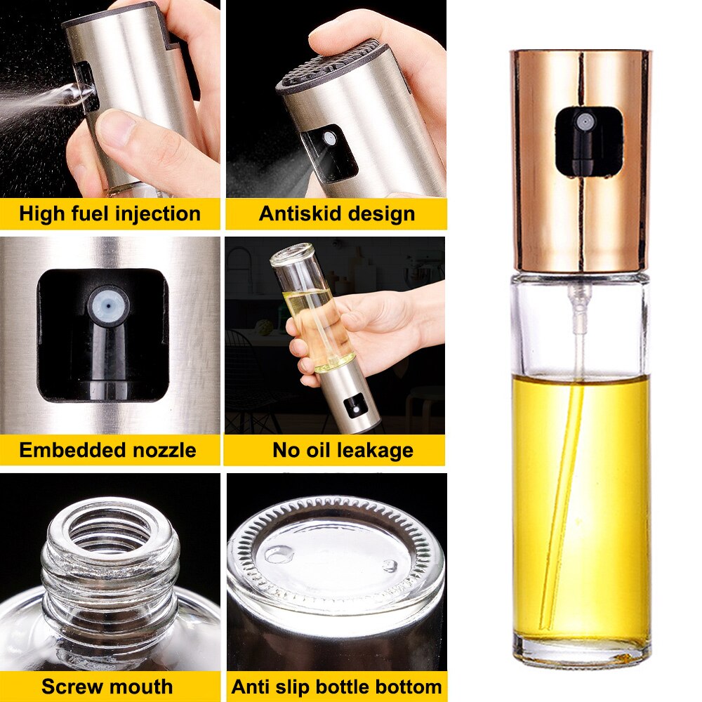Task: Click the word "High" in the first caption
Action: coord(41,213)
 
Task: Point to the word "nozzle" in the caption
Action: coord(164,450)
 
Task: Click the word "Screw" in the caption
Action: coord(69,687)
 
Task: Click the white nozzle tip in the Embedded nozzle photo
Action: coord(108,306)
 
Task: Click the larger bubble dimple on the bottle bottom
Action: coord(279,555)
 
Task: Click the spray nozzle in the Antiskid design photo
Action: coord(329,138)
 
